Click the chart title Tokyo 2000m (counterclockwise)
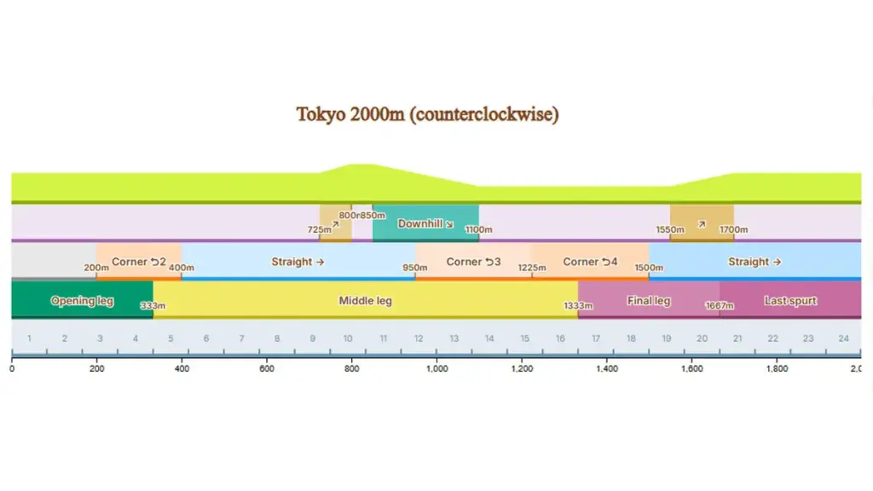pos(427,114)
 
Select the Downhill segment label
pos(425,224)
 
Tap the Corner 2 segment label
pos(139,262)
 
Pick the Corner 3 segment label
pos(473,262)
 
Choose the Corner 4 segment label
pos(590,262)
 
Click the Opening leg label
pos(82,301)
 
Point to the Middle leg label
pos(366,301)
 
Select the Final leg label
pos(649,301)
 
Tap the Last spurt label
pos(790,301)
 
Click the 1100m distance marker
pos(478,229)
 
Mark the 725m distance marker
pos(320,229)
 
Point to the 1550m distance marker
pos(670,229)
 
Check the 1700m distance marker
pos(734,229)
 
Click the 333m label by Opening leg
pos(153,306)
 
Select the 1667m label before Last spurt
pos(720,306)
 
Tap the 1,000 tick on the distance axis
pos(436,369)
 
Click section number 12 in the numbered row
pos(419,338)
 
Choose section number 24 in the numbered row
pos(843,338)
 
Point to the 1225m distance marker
pos(532,268)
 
